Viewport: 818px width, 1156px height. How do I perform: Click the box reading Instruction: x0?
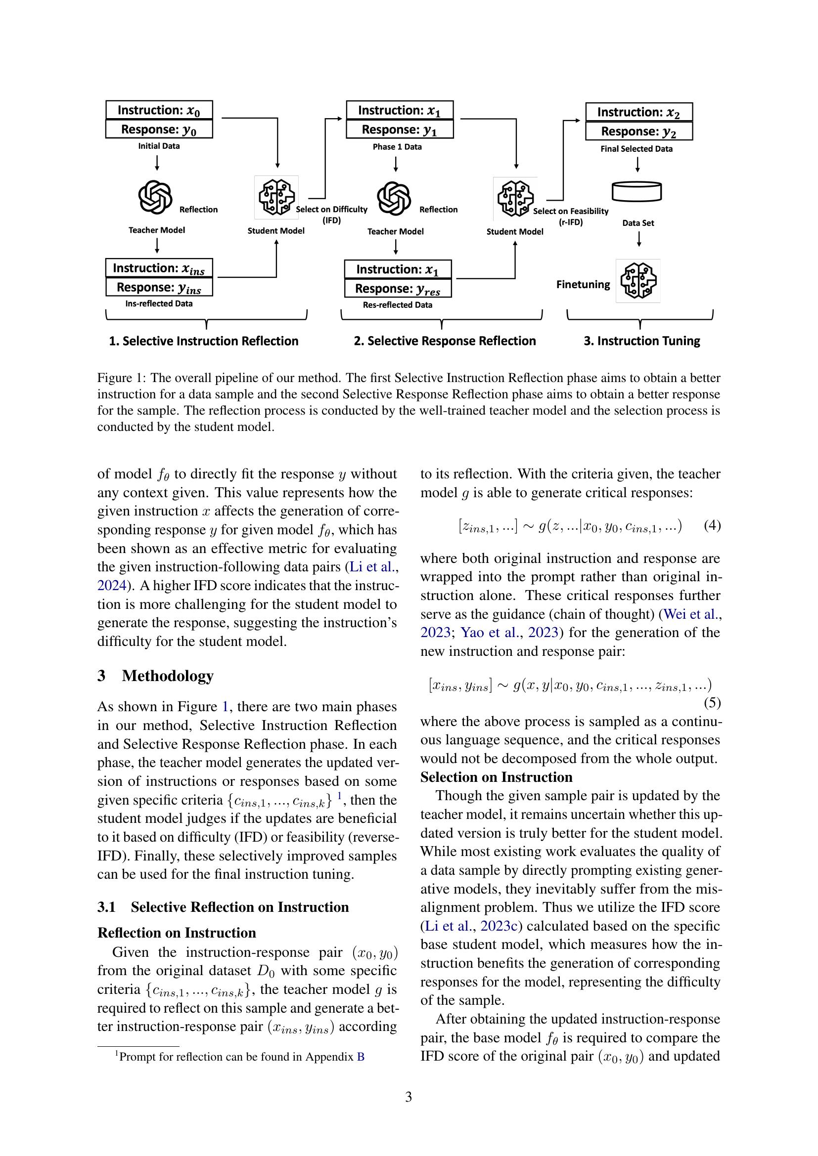point(159,110)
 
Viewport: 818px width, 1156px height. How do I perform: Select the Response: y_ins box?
point(159,288)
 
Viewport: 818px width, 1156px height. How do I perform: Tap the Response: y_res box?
point(398,289)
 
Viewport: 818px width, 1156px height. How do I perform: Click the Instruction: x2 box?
point(638,112)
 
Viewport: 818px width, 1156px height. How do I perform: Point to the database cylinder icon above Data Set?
point(636,191)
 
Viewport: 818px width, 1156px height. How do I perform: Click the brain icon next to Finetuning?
point(637,281)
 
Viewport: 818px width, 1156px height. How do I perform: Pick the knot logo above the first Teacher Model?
point(155,197)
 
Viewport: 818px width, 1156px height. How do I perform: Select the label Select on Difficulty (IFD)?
point(331,214)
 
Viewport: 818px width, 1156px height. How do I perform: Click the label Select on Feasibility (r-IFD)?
point(571,216)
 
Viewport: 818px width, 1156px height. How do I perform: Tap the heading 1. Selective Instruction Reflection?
point(203,341)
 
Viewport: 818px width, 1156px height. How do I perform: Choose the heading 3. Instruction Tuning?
point(642,341)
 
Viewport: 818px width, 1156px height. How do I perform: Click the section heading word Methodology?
point(167,676)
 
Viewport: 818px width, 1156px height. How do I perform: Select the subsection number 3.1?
point(106,907)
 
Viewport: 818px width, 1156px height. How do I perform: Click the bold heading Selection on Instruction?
point(496,777)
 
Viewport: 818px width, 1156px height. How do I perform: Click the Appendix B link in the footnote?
point(360,1057)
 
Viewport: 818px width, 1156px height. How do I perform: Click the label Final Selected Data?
point(636,149)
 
